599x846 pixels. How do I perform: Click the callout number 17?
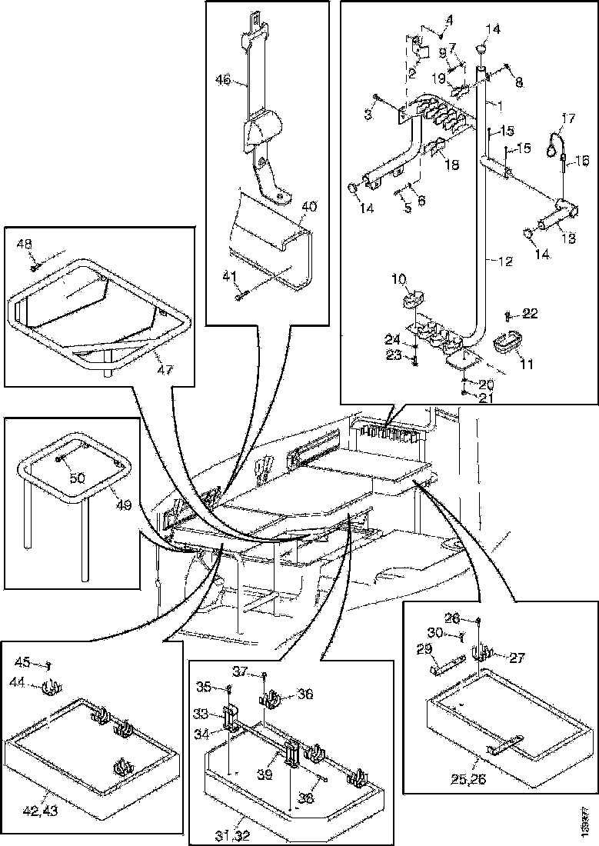[x=567, y=118]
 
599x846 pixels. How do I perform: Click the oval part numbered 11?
[x=504, y=341]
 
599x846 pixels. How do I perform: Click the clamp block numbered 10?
[x=414, y=298]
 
